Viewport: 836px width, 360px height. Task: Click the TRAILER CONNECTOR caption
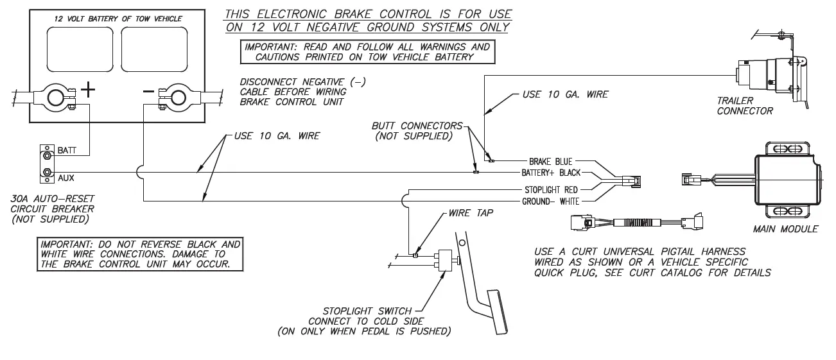pos(745,105)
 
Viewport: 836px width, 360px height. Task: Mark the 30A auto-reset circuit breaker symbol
pos(46,163)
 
